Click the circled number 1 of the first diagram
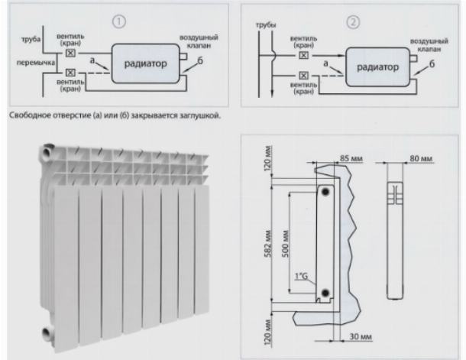(x=119, y=21)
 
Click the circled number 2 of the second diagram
(x=353, y=22)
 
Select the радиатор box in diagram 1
(x=146, y=63)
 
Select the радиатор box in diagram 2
(x=377, y=67)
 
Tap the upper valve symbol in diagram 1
(x=70, y=54)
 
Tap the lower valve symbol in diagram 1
(x=70, y=73)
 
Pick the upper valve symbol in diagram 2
(x=304, y=56)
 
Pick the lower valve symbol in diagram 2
(x=304, y=76)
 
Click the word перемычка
(x=36, y=63)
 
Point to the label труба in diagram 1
(x=31, y=39)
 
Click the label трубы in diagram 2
(x=266, y=25)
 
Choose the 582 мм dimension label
(x=268, y=244)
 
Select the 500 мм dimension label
(x=285, y=244)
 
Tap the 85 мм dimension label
(x=351, y=158)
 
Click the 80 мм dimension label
(x=421, y=158)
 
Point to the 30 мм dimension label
(x=361, y=337)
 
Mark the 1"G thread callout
(x=301, y=277)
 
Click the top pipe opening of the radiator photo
(x=47, y=152)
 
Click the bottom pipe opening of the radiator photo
(x=47, y=333)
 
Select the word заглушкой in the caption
(x=200, y=115)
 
